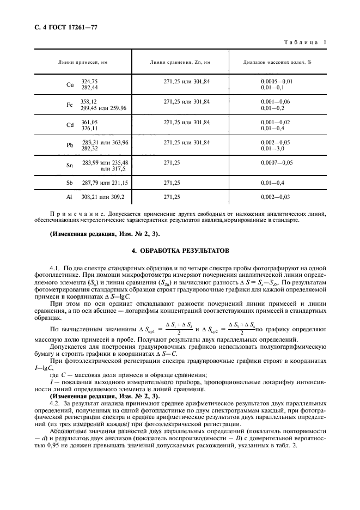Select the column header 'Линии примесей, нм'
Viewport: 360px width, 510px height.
coord(83,62)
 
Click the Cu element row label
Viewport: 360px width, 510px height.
coord(70,84)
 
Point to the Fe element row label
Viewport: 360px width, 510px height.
coord(70,105)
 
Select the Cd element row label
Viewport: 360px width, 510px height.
coord(70,125)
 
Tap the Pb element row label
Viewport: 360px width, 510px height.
coord(70,145)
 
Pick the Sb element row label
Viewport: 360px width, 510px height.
coord(70,184)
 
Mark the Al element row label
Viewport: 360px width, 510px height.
coord(70,196)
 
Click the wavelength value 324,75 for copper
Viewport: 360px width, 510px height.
coord(89,81)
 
